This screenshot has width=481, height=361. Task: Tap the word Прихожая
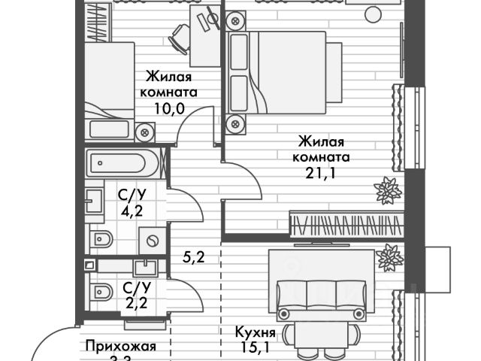click(120, 347)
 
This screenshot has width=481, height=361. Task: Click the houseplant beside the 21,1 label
click(387, 190)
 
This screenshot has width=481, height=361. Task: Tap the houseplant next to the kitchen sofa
click(389, 259)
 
